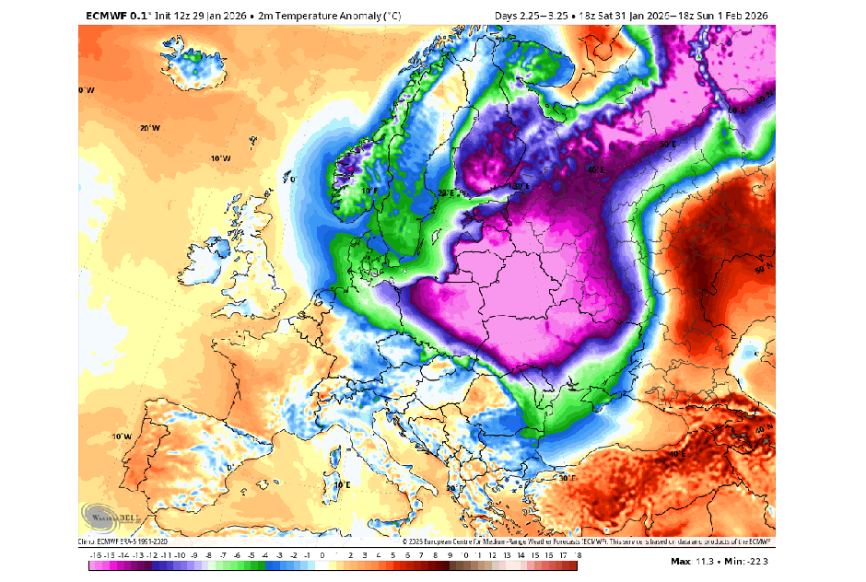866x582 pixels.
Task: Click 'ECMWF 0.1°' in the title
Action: click(118, 16)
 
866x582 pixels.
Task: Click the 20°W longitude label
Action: click(149, 128)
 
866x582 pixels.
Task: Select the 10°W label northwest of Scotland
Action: click(219, 158)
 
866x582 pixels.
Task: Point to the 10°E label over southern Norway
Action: click(369, 191)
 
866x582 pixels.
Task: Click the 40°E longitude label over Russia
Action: click(596, 169)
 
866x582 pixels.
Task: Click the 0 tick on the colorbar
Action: click(322, 555)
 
